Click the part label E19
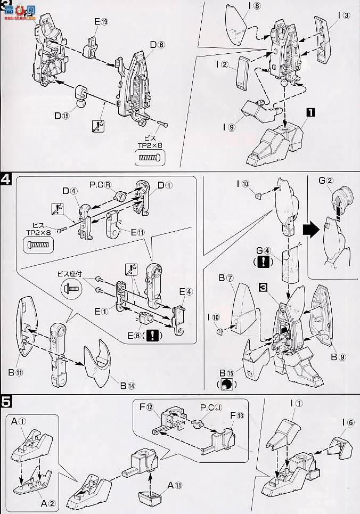101,22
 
